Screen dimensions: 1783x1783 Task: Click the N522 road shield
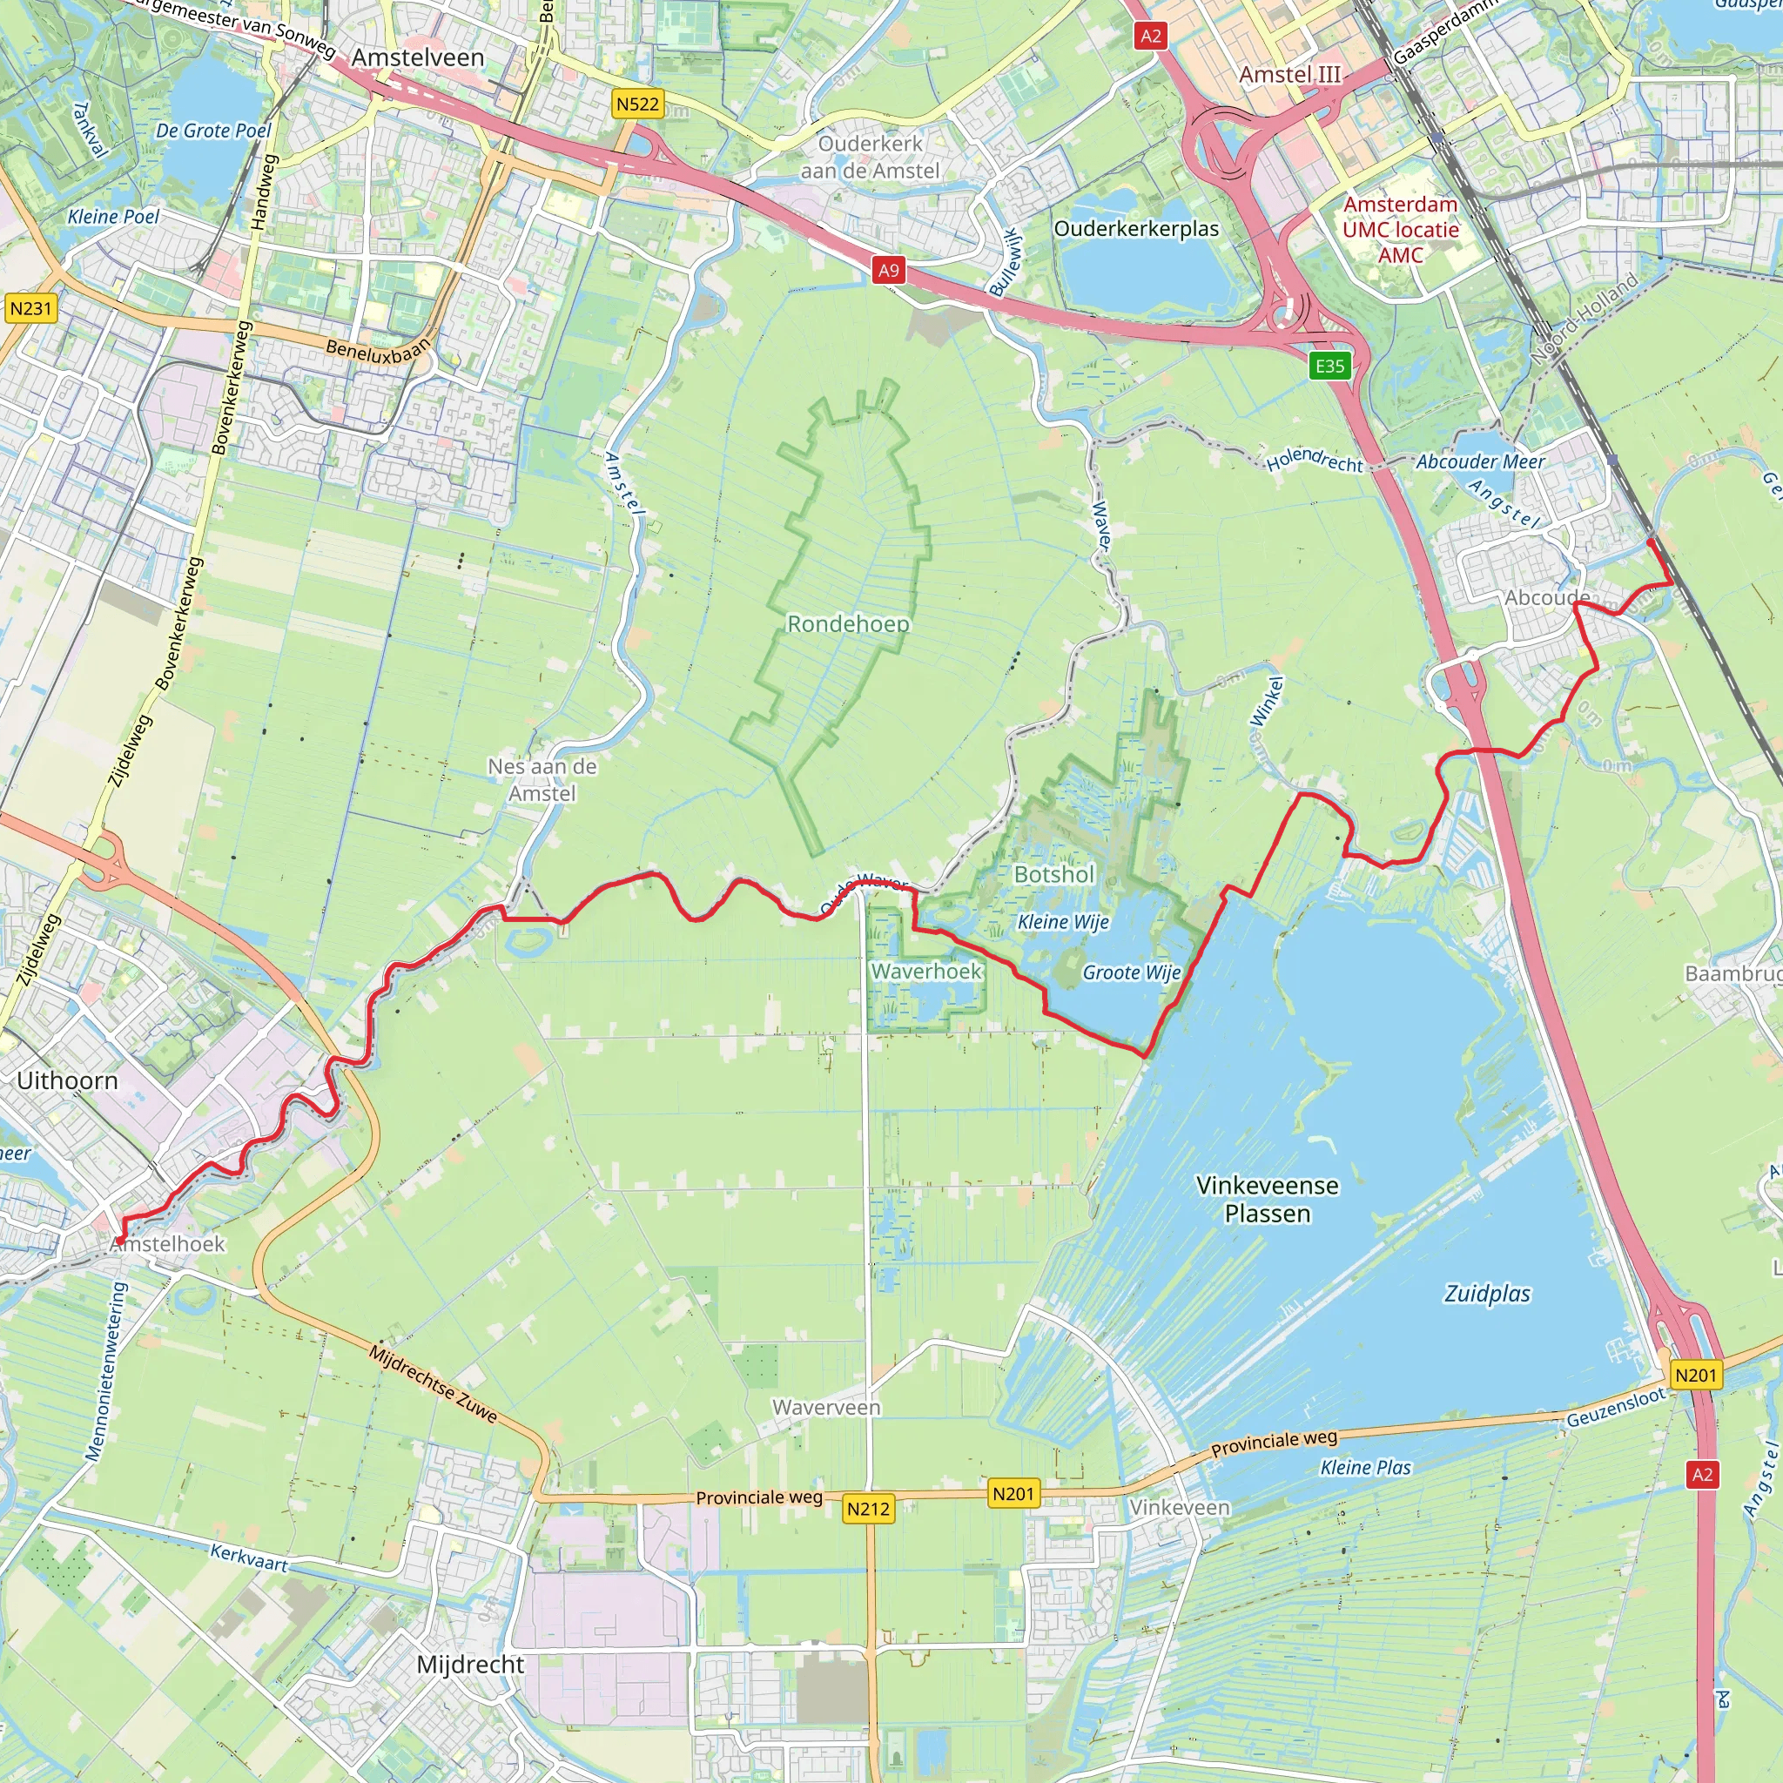(637, 104)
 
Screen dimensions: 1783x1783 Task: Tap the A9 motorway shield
(888, 271)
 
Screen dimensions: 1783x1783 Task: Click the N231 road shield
(30, 308)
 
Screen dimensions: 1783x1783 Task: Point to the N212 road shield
(868, 1509)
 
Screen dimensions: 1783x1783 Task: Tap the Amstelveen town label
(417, 57)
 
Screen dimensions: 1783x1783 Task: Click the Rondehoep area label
(848, 624)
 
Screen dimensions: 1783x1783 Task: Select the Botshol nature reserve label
(1054, 874)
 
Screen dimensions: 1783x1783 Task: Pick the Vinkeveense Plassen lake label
(1267, 1199)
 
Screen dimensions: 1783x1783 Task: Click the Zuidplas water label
(1487, 1294)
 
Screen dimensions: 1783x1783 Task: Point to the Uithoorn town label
(67, 1080)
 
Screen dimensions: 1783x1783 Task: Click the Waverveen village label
(826, 1408)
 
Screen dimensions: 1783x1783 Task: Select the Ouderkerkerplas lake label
(1136, 229)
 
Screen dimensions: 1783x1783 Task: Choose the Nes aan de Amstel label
(542, 780)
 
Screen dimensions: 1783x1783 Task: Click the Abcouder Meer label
(1480, 461)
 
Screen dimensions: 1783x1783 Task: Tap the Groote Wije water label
(1132, 972)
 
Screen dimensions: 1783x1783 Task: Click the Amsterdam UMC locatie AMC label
(1400, 229)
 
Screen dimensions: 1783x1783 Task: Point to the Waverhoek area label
(925, 971)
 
